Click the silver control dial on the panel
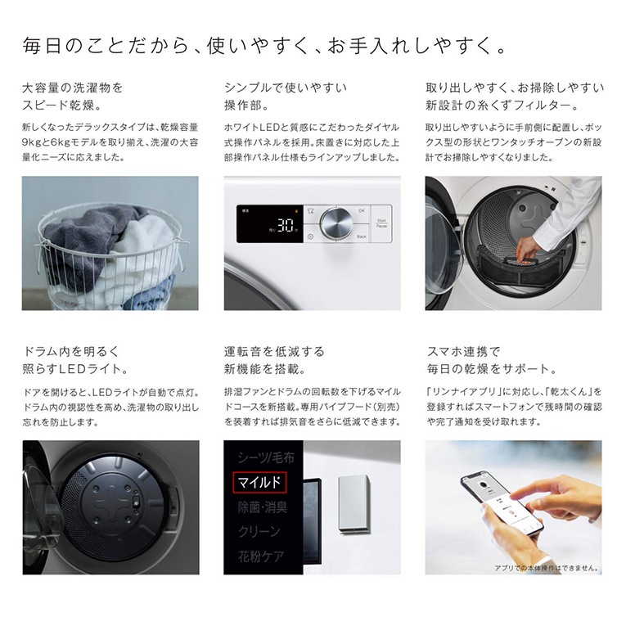(x=336, y=223)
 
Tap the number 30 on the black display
(x=286, y=225)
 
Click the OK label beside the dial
(x=362, y=211)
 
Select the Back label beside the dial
(x=362, y=236)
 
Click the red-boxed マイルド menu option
(x=259, y=482)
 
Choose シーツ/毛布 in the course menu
(x=266, y=457)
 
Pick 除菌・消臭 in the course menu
(x=263, y=507)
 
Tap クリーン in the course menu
(x=259, y=531)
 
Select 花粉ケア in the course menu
(x=261, y=556)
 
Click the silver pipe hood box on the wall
(x=354, y=504)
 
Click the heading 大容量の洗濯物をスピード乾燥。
(x=73, y=97)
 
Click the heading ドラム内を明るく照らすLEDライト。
(x=75, y=360)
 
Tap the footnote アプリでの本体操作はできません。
(x=547, y=568)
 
